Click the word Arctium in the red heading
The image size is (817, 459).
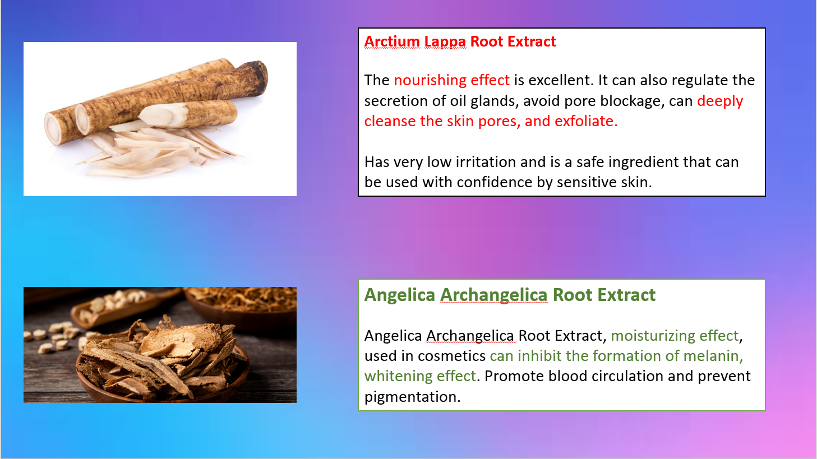tap(392, 41)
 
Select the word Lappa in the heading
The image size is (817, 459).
tap(445, 42)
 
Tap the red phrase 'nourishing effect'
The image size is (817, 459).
tap(451, 80)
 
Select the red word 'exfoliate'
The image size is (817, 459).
tap(586, 121)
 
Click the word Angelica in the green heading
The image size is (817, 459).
tap(399, 295)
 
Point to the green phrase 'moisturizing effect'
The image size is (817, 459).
tap(675, 336)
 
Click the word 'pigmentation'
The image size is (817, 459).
tap(412, 397)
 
